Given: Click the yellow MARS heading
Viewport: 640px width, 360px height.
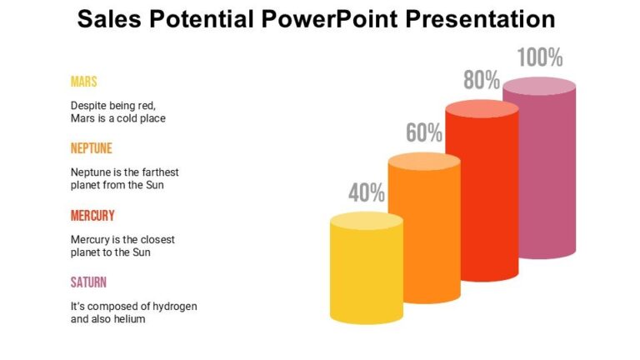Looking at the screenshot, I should [84, 82].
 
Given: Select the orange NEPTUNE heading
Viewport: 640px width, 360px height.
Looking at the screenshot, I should [92, 148].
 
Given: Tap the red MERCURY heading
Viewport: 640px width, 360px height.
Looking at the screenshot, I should [92, 215].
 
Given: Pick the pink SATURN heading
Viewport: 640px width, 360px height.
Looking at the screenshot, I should [88, 282].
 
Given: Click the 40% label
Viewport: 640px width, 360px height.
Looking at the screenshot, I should [367, 193].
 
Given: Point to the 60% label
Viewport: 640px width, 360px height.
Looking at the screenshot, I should [424, 132].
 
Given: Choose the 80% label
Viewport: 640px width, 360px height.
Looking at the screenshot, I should [482, 80].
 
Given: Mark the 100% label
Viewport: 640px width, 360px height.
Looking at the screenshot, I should [540, 58].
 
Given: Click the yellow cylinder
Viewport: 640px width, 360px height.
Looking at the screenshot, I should [367, 271].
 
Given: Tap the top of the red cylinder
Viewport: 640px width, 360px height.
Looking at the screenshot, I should [482, 110].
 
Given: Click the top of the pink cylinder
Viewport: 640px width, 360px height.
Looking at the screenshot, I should [539, 86].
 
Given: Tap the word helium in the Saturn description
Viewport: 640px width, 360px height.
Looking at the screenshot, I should [129, 319].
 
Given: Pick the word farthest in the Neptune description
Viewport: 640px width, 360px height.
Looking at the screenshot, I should [158, 172].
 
